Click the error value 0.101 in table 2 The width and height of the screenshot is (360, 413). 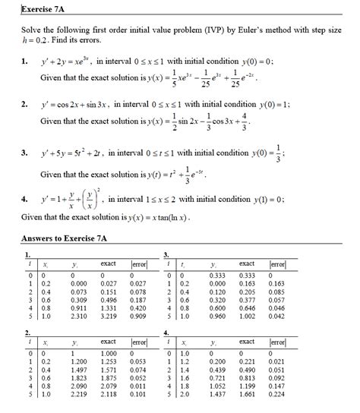pyautogui.click(x=137, y=395)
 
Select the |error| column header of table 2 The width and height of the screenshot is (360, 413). pyautogui.click(x=137, y=343)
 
